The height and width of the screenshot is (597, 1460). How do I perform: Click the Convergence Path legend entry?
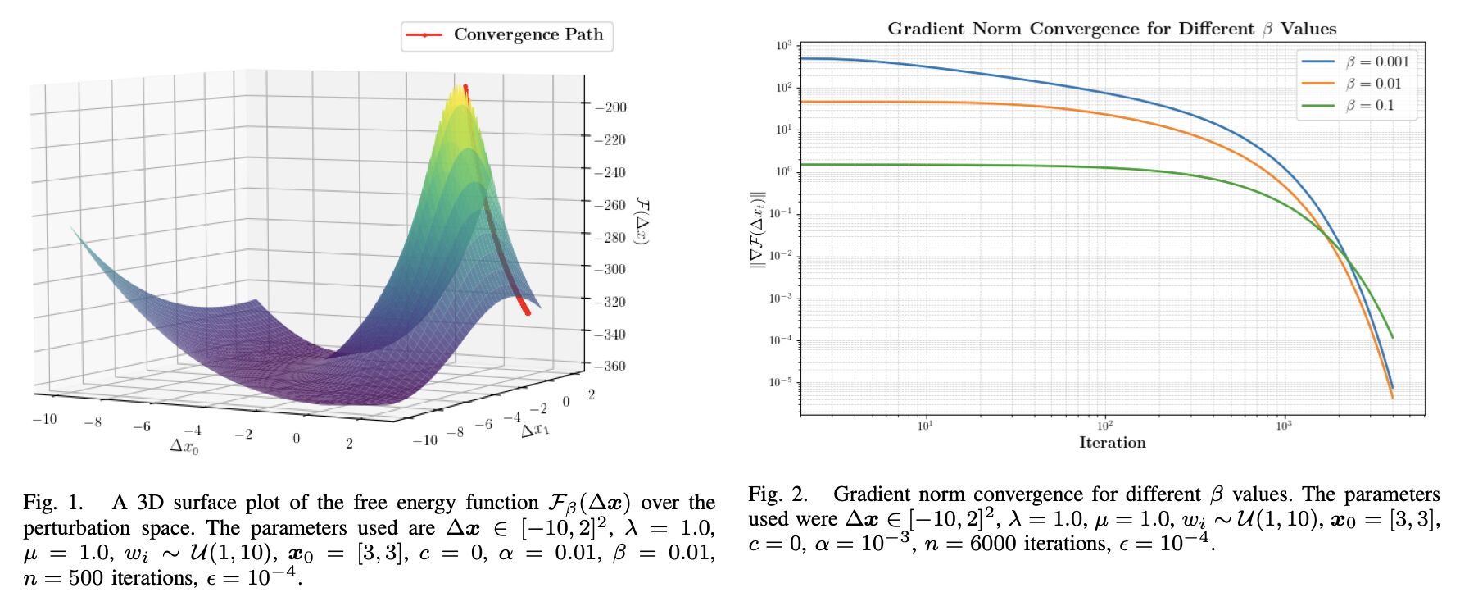(507, 35)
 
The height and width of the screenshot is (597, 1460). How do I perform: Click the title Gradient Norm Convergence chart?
(1112, 29)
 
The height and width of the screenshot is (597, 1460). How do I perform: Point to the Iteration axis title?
(1112, 443)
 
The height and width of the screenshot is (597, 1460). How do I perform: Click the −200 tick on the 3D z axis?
(610, 107)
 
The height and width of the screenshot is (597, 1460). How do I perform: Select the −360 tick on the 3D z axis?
(610, 366)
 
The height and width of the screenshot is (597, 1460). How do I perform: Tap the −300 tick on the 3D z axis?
(610, 269)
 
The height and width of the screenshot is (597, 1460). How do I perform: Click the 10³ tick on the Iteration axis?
(1284, 426)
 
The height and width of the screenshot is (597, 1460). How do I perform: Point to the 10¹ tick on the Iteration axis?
(925, 426)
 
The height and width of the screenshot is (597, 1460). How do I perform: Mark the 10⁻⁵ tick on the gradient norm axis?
(781, 382)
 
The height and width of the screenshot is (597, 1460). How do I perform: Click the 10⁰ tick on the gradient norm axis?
(784, 171)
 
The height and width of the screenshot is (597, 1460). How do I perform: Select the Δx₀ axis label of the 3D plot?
(184, 446)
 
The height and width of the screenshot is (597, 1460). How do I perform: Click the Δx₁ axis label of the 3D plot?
(535, 428)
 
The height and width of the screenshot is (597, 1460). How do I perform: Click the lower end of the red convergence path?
(527, 312)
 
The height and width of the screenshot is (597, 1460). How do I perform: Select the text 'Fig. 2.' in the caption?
(778, 494)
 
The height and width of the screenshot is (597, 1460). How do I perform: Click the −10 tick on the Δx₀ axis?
(44, 419)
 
